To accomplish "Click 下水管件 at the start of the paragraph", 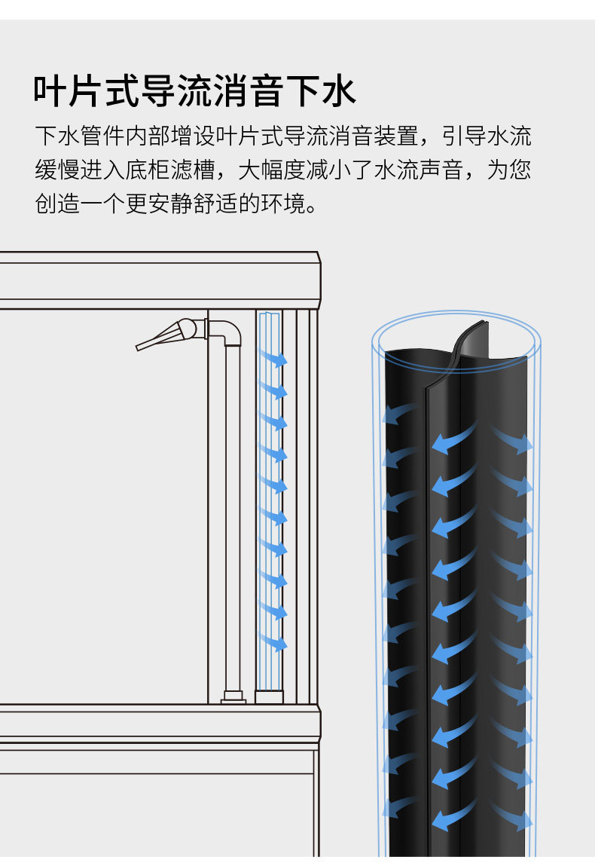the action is pos(80,137).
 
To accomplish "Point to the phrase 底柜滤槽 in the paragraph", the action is pos(170,170).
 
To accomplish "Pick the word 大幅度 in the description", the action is pos(272,170).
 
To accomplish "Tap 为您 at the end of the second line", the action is pos(508,170).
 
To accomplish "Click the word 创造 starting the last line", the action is pos(57,203).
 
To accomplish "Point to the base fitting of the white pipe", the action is pos(233,697).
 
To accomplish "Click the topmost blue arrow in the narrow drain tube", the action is pos(274,358).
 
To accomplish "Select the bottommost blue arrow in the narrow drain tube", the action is pos(274,643).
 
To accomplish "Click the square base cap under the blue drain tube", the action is pos(269,696).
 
